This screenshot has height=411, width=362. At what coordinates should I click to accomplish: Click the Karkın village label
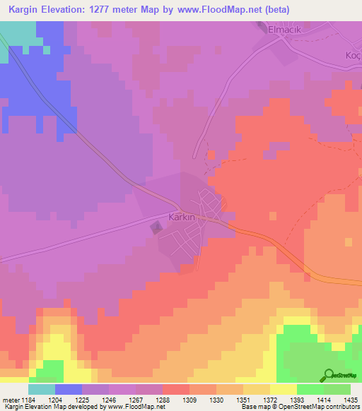(x=182, y=218)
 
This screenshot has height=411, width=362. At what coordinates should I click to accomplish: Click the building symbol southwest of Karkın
(x=156, y=227)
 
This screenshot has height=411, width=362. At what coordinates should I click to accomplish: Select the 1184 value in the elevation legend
(x=22, y=399)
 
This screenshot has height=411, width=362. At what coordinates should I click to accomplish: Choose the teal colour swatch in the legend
(x=41, y=389)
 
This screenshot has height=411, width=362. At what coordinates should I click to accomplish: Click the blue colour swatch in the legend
(x=68, y=389)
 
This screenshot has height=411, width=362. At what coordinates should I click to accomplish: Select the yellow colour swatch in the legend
(x=283, y=389)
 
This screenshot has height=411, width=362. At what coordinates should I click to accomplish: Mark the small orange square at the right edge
(x=348, y=242)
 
